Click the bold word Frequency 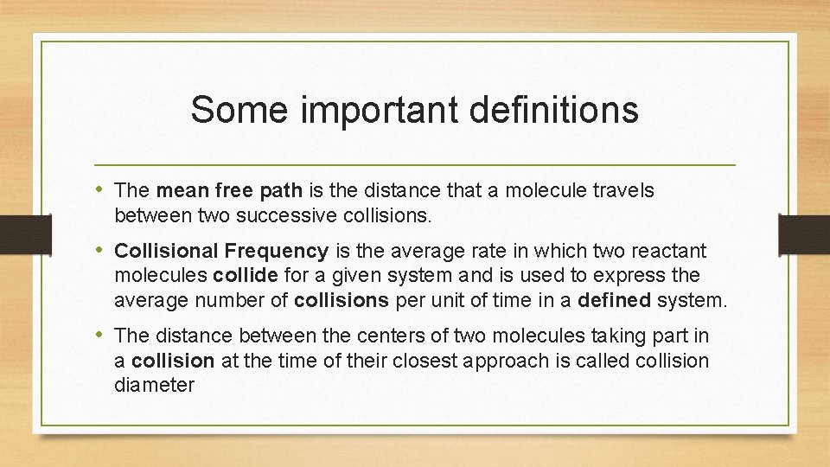click(x=275, y=251)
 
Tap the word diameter click(x=154, y=385)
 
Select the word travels click(x=622, y=189)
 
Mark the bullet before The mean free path click(x=100, y=189)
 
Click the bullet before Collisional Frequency click(x=100, y=251)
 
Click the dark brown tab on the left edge click(x=16, y=233)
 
